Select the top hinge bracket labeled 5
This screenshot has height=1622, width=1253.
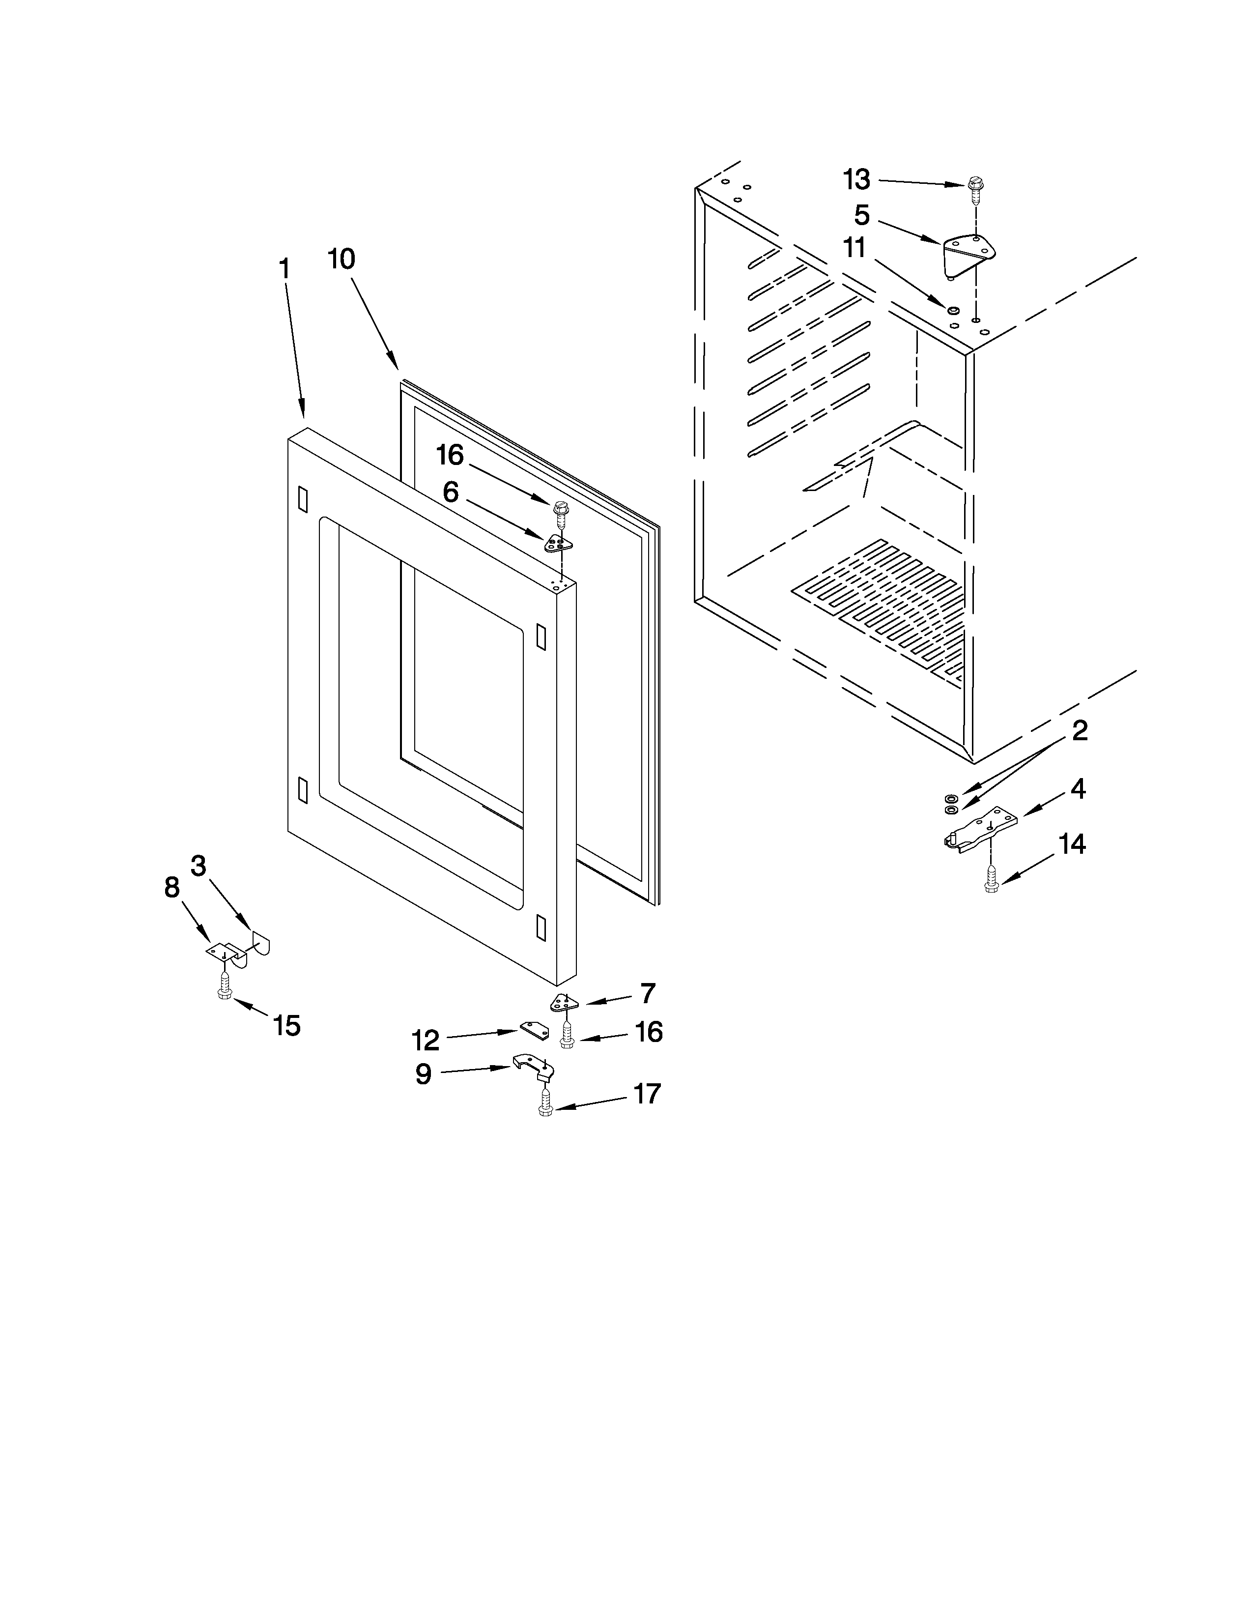(967, 253)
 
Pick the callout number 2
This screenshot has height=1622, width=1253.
(1080, 731)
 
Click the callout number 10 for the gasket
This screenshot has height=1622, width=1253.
(342, 259)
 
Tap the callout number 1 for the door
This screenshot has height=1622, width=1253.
(285, 269)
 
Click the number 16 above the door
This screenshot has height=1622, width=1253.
(450, 455)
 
